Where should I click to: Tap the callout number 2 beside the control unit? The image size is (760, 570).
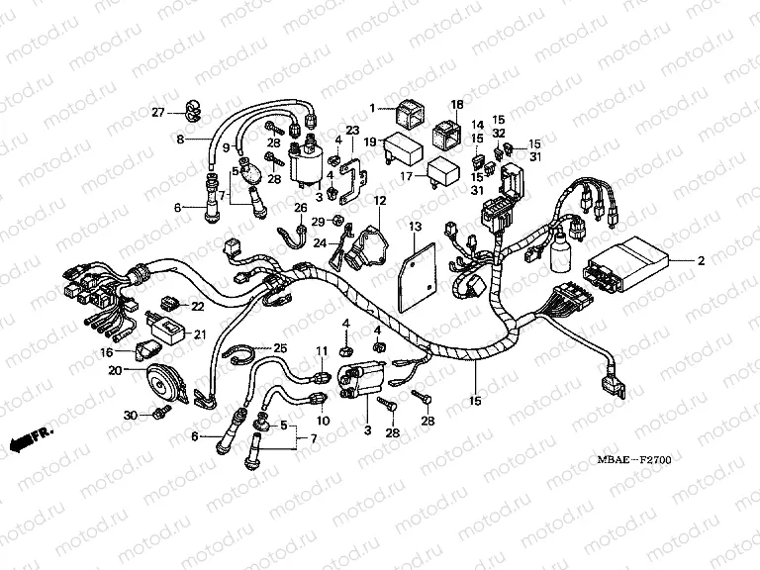click(x=701, y=261)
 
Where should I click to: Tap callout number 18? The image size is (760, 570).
click(x=457, y=105)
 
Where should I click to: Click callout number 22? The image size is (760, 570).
click(x=196, y=305)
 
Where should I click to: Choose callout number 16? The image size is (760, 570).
click(x=105, y=351)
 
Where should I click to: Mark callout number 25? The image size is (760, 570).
click(x=280, y=347)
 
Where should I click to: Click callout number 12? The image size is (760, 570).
click(x=379, y=201)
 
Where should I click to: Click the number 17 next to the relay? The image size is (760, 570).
click(x=405, y=177)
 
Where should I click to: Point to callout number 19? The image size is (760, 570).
click(x=369, y=142)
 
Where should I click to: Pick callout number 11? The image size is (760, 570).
click(x=321, y=352)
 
